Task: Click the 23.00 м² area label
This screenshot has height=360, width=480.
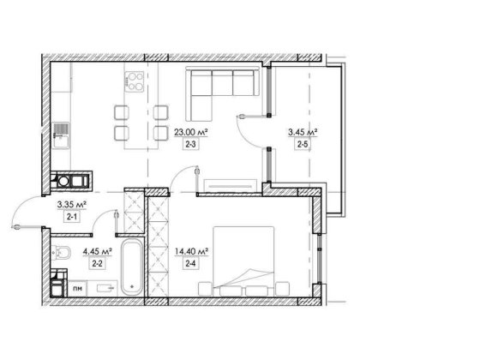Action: (x=191, y=133)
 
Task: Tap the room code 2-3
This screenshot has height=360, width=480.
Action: (x=190, y=144)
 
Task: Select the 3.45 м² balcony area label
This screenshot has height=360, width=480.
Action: (x=303, y=133)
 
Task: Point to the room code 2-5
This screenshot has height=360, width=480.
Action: (x=303, y=144)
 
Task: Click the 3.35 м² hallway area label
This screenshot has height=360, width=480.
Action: (x=72, y=205)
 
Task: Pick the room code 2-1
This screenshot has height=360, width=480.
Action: (x=71, y=217)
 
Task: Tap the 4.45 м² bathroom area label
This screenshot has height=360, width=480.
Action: (x=98, y=252)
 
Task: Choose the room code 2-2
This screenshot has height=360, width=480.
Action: (x=98, y=264)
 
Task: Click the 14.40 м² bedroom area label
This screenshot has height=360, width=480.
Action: (x=192, y=252)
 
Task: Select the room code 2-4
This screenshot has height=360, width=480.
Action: (x=190, y=263)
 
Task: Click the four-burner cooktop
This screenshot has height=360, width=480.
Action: (x=135, y=81)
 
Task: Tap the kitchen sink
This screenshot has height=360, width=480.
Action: (x=61, y=135)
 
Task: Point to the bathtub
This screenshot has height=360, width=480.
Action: (x=132, y=267)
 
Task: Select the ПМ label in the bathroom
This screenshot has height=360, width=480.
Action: (x=77, y=288)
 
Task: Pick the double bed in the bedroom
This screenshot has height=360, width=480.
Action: (x=243, y=261)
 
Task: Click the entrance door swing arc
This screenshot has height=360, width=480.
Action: (x=21, y=205)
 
